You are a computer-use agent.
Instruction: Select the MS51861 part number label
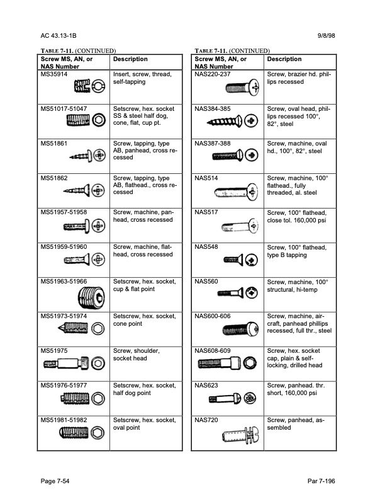(55, 144)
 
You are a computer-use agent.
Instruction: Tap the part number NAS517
(206, 213)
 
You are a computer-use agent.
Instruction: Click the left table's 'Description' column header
(130, 59)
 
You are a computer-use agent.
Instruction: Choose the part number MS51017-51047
(64, 110)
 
